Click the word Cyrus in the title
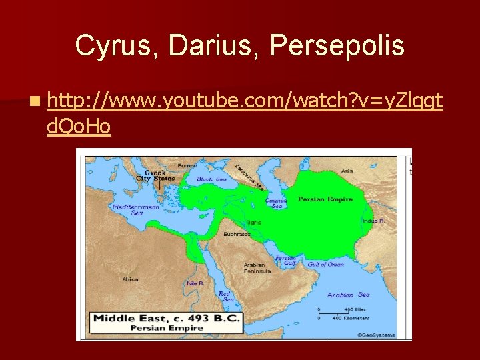115,45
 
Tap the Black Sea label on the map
211,179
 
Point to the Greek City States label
155,175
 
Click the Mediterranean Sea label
127,209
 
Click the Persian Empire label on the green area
325,199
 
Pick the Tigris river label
253,222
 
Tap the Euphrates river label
237,235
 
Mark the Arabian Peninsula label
257,268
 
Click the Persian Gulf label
286,260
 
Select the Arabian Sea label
348,295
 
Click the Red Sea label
225,296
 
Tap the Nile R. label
195,283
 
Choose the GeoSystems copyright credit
376,335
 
